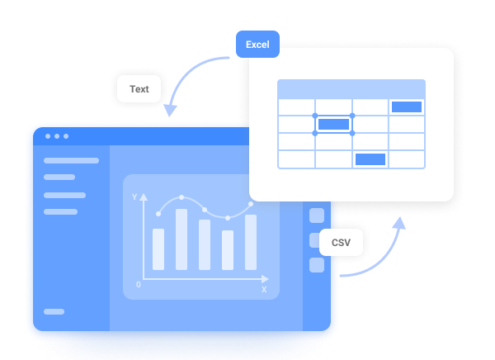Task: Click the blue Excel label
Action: [257, 45]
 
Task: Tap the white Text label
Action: [139, 89]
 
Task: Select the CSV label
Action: [341, 243]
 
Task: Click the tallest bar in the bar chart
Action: [181, 239]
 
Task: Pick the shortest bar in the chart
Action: [228, 250]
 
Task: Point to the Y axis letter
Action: [134, 197]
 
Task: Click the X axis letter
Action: [264, 289]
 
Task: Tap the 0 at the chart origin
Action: [139, 285]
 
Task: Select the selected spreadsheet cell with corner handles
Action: [333, 125]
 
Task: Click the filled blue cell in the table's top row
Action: [407, 107]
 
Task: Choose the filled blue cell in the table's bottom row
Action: [370, 159]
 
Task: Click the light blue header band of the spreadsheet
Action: [351, 89]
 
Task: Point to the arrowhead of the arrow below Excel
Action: [170, 110]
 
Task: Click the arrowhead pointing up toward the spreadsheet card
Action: [399, 223]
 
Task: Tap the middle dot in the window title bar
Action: [57, 136]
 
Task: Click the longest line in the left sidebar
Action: [71, 160]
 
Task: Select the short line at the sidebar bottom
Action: [54, 311]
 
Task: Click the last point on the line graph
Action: [251, 204]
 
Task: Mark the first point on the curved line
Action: [158, 214]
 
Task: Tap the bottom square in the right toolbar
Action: [317, 265]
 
